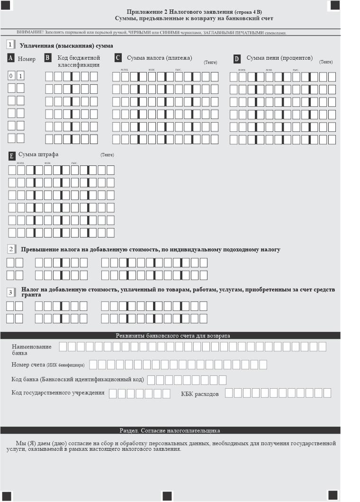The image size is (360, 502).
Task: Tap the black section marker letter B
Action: (x=47, y=58)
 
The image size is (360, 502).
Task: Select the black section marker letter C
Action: (x=118, y=58)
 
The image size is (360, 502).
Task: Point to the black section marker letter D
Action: (x=237, y=58)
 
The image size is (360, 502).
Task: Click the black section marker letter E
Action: (x=12, y=155)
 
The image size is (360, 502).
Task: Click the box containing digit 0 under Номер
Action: (x=11, y=76)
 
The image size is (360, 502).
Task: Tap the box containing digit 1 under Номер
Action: (x=20, y=76)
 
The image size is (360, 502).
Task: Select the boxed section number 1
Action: (x=10, y=45)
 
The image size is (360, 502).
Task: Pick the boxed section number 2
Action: (x=10, y=249)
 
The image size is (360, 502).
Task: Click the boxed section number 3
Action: (x=10, y=292)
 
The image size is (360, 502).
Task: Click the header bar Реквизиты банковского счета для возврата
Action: (x=173, y=336)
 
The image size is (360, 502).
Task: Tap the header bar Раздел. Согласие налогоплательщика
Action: (x=170, y=430)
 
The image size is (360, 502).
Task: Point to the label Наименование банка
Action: (x=31, y=350)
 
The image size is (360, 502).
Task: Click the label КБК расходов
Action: (x=199, y=394)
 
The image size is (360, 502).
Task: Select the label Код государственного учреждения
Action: (x=58, y=393)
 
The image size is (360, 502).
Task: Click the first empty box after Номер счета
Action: (x=93, y=365)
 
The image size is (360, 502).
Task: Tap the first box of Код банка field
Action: (x=151, y=380)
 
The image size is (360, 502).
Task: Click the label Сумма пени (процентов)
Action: (x=279, y=58)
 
